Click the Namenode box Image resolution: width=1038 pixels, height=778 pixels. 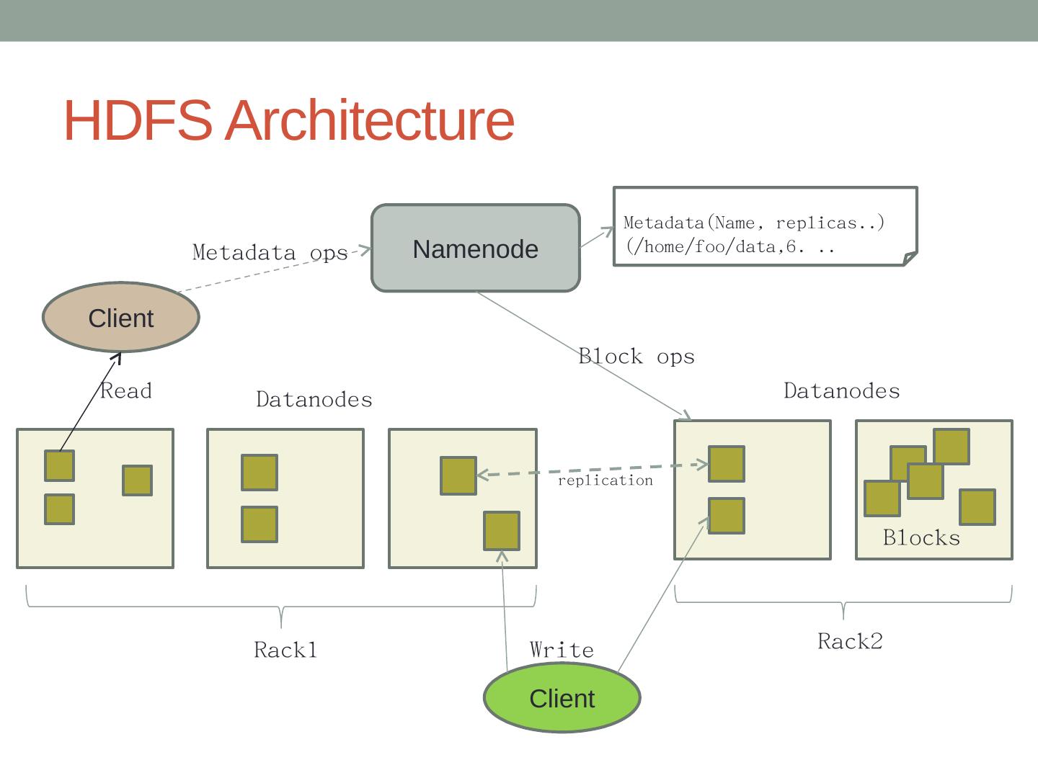(476, 249)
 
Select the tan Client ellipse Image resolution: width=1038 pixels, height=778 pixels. (121, 318)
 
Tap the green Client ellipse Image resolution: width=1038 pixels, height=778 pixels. (562, 698)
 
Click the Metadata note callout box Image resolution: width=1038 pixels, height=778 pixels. (764, 227)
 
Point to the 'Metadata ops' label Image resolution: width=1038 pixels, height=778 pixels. (270, 253)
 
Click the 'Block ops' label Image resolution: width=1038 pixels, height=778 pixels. (636, 357)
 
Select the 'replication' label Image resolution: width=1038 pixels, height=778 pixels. (605, 480)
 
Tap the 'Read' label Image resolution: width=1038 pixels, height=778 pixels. (126, 391)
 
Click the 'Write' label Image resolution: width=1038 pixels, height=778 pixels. (562, 650)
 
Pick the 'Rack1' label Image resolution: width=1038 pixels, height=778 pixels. (285, 650)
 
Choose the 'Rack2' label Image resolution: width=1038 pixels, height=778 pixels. (850, 641)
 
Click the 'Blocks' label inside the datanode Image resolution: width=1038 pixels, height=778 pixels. (921, 538)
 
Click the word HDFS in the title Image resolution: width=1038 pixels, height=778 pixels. (138, 120)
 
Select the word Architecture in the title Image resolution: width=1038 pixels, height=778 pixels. (370, 120)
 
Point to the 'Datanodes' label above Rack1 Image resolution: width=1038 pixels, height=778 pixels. (314, 400)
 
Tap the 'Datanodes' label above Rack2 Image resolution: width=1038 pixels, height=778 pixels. (841, 391)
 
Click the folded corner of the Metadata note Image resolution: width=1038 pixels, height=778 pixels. (910, 258)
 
